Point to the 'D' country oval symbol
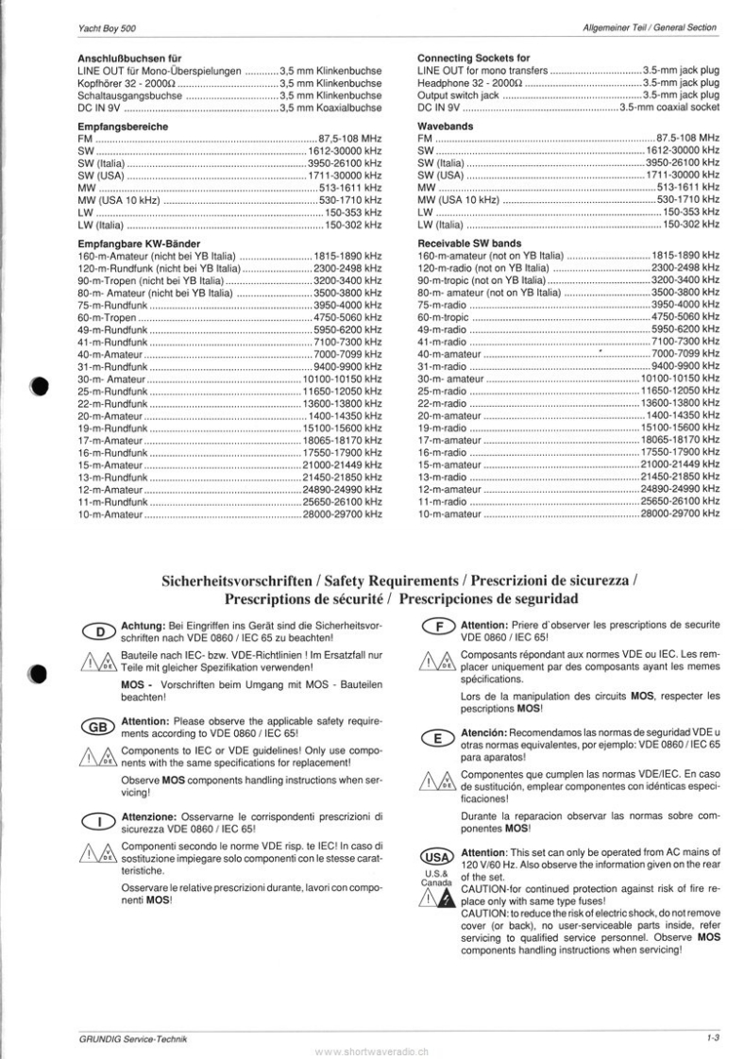98,630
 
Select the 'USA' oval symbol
438,857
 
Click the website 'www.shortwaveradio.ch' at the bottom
371,1050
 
